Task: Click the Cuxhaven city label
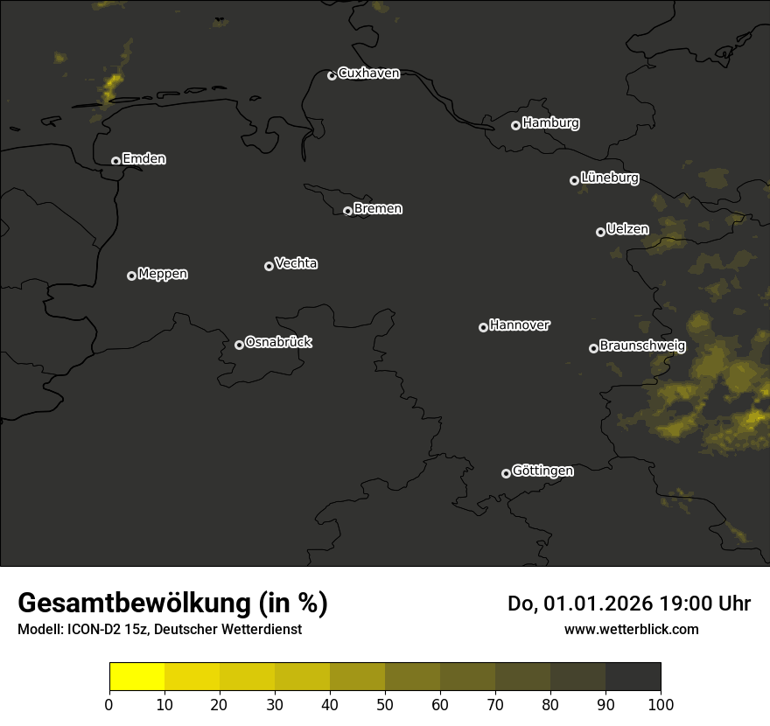tap(368, 73)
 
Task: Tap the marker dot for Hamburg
tap(516, 125)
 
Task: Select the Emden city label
tap(143, 159)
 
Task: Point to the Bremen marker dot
tap(347, 211)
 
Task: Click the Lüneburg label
tap(609, 178)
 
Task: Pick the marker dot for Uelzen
tap(600, 232)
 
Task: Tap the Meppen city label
tap(163, 274)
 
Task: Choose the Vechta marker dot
tap(269, 266)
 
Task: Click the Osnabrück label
tap(278, 343)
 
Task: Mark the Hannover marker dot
tap(483, 327)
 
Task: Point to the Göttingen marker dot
tap(506, 473)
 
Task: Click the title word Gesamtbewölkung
tap(135, 604)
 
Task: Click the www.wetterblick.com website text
tap(631, 629)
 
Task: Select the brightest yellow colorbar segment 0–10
tap(136, 677)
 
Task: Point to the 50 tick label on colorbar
tap(385, 703)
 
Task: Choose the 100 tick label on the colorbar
tap(661, 703)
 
